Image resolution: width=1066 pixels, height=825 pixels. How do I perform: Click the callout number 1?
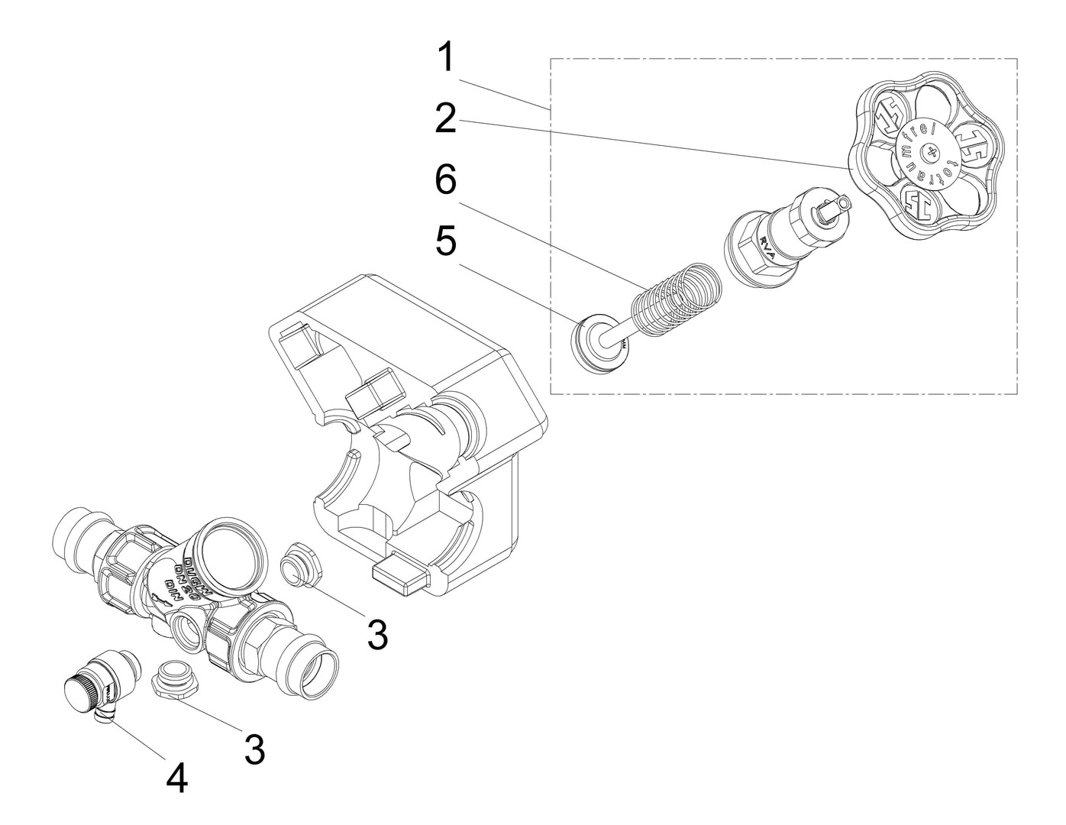pyautogui.click(x=447, y=59)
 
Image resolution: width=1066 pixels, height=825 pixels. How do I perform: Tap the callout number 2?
pyautogui.click(x=447, y=119)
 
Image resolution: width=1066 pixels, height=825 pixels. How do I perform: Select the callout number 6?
pyautogui.click(x=447, y=183)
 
